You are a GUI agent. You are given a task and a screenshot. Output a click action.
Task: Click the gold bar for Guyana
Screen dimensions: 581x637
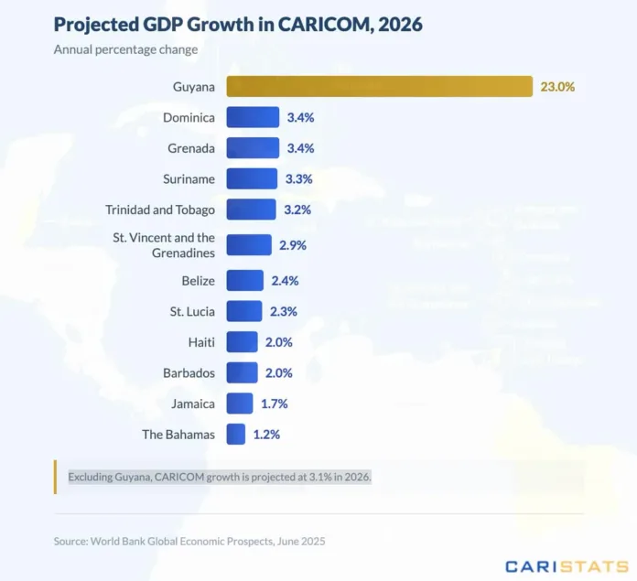tap(379, 87)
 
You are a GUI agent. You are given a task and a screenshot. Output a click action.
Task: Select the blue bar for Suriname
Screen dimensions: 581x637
tap(252, 178)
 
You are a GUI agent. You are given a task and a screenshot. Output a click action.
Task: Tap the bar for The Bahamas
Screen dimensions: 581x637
tap(235, 434)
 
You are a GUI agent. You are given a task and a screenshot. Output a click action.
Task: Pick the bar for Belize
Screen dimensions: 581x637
tap(244, 281)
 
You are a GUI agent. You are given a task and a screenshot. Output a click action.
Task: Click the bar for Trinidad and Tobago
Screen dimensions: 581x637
tap(251, 210)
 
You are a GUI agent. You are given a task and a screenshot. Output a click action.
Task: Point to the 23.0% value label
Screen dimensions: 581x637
tap(557, 87)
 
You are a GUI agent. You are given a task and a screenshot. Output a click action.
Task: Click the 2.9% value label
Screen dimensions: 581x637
tap(293, 245)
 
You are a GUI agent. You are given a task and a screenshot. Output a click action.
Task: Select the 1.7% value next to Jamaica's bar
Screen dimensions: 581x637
tap(274, 403)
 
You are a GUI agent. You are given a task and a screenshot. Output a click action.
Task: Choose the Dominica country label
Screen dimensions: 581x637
tap(189, 117)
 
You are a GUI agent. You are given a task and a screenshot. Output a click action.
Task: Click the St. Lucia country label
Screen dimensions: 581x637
tap(193, 312)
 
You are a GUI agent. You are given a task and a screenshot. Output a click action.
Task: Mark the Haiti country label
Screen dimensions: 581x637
tap(200, 342)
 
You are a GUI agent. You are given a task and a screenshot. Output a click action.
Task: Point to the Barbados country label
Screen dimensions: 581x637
tap(190, 373)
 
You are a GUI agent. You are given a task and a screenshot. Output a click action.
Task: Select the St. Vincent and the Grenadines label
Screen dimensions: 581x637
tap(164, 245)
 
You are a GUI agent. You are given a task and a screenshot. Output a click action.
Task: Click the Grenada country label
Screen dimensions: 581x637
tap(191, 148)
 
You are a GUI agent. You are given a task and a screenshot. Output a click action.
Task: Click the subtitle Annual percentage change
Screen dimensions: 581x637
tap(125, 49)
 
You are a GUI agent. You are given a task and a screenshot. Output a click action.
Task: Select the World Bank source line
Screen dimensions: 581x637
tap(189, 542)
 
